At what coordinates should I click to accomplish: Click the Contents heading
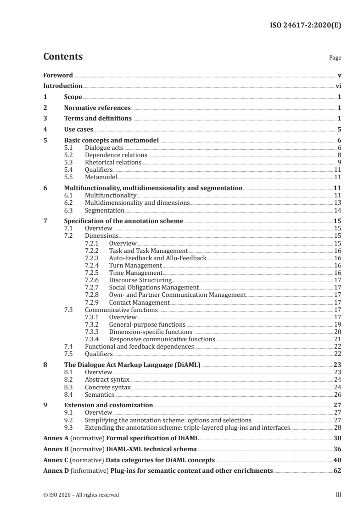[x=63, y=57]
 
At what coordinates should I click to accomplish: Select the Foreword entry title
[x=58, y=75]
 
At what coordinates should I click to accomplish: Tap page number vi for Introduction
[x=338, y=86]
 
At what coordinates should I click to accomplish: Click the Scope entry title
[x=73, y=97]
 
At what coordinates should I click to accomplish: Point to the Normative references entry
[x=97, y=108]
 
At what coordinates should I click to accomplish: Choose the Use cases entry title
[x=78, y=130]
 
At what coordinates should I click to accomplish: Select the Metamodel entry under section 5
[x=101, y=176]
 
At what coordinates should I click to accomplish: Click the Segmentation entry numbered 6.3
[x=104, y=210]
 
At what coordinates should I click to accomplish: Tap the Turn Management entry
[x=135, y=265]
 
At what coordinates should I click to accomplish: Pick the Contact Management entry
[x=139, y=302]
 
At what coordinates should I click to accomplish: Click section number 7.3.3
[x=93, y=332]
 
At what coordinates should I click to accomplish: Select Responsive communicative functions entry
[x=162, y=339]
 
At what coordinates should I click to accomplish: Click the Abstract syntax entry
[x=107, y=379]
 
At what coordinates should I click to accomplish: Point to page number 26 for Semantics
[x=337, y=394]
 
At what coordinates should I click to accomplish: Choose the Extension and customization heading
[x=108, y=405]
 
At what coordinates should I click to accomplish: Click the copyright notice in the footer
[x=81, y=495]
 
